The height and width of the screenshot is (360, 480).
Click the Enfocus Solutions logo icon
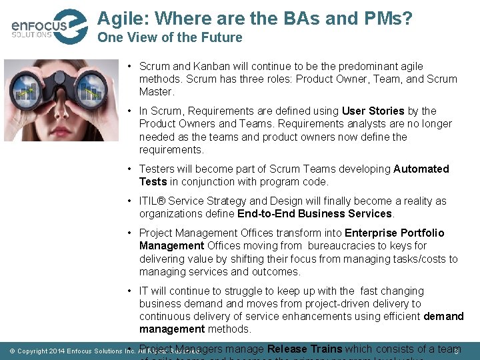click(x=69, y=26)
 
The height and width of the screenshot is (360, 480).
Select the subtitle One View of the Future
click(x=169, y=38)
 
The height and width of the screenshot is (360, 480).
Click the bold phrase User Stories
click(x=373, y=111)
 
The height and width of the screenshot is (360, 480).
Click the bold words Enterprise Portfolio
click(x=394, y=233)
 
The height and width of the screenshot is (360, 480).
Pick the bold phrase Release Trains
click(x=304, y=349)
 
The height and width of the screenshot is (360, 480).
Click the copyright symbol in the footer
click(x=11, y=351)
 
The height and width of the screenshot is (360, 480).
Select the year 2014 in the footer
click(x=55, y=351)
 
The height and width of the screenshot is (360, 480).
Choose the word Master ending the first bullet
click(x=155, y=92)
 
